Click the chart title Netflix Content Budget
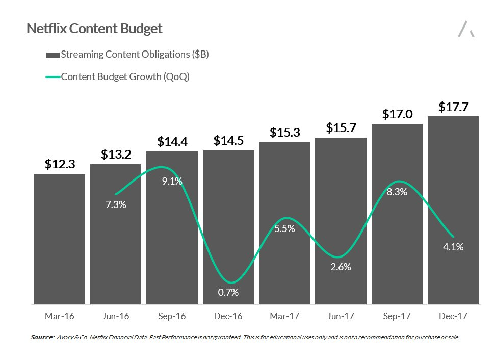(x=94, y=29)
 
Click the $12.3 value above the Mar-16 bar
(x=60, y=164)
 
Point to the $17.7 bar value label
(x=453, y=107)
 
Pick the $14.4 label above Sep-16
(x=172, y=142)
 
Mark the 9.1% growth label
(x=172, y=181)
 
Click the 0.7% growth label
(x=228, y=292)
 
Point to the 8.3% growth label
(x=397, y=192)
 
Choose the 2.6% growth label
(x=341, y=267)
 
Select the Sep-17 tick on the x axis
(x=397, y=316)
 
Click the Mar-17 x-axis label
(x=284, y=316)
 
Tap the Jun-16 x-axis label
(x=116, y=316)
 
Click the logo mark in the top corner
(x=466, y=29)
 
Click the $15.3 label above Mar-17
(x=284, y=133)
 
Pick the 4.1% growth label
(x=453, y=247)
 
